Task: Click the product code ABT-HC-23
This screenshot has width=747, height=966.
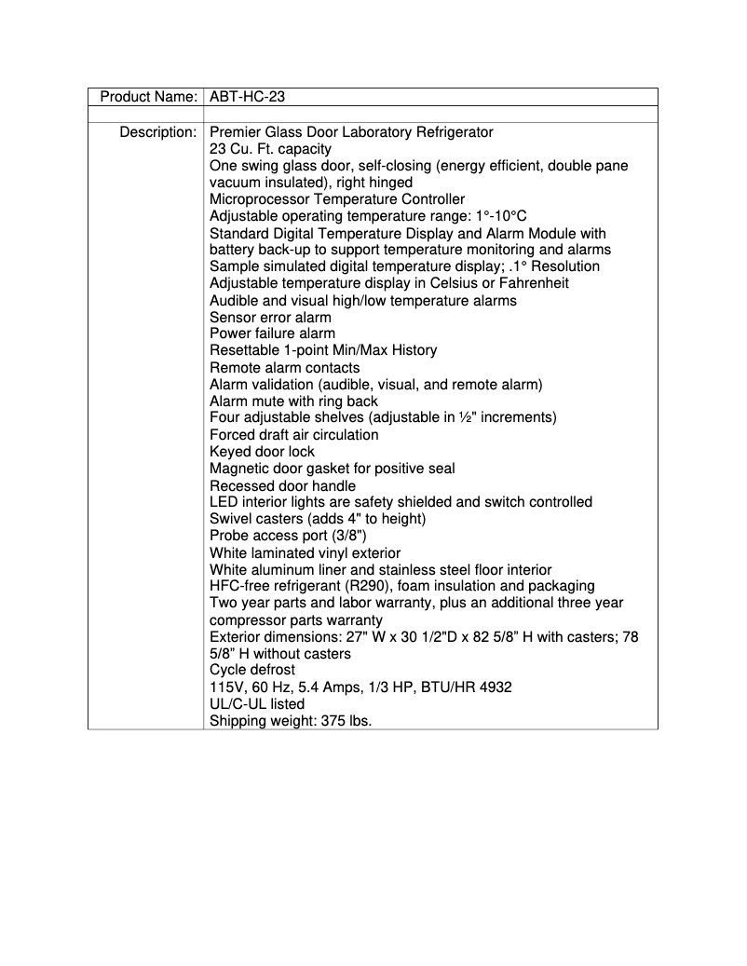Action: (247, 97)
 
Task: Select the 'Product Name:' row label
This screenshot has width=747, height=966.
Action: (148, 97)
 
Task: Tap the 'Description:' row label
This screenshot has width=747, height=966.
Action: (157, 132)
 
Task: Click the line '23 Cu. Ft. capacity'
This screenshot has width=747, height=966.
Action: (270, 149)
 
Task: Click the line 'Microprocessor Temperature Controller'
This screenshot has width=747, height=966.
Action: (337, 199)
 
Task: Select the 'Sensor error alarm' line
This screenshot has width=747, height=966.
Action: (270, 317)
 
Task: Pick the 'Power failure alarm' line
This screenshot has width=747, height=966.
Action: (272, 333)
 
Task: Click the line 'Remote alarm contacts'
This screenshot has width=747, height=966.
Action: (284, 367)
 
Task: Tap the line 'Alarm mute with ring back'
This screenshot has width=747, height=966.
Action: (293, 401)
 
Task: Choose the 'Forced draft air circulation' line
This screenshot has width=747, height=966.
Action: (293, 434)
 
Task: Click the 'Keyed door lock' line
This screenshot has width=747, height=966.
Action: (262, 451)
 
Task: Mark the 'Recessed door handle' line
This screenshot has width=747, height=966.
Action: (282, 485)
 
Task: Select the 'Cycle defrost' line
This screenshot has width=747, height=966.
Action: (252, 670)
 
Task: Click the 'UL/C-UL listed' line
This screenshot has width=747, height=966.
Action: (257, 704)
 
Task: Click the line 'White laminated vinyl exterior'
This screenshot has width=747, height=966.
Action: (308, 552)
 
